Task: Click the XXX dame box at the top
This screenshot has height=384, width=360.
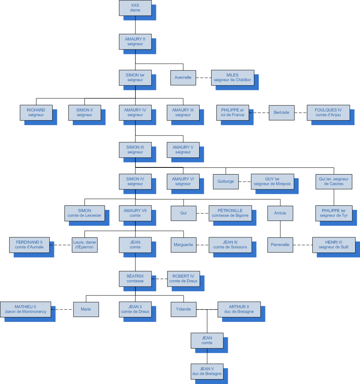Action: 135,8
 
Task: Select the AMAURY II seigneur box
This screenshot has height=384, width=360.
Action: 135,41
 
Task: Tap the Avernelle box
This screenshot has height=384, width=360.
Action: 183,78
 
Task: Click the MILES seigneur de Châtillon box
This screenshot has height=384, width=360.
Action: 232,78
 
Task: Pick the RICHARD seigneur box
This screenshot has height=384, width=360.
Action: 36,112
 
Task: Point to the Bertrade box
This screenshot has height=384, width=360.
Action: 281,112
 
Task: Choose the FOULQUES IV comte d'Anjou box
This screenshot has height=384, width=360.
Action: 328,112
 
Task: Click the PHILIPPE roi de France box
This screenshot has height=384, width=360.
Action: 233,112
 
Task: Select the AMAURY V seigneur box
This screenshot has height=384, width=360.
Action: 183,150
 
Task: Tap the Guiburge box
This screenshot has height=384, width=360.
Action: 226,182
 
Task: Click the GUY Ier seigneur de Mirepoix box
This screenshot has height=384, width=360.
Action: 272,182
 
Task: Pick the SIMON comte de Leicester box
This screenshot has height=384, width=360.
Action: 85,213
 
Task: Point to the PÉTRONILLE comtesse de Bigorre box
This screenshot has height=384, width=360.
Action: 230,213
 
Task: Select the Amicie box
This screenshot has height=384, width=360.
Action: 280,213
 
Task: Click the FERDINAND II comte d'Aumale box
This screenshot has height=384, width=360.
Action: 29,245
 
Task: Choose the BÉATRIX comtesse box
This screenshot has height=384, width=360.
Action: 135,279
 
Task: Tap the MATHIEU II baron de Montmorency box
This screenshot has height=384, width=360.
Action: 25,309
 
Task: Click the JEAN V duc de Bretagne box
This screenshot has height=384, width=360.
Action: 207,371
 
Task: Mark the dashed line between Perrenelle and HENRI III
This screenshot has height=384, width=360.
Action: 302,245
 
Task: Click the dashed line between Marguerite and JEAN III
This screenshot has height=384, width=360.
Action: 202,245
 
